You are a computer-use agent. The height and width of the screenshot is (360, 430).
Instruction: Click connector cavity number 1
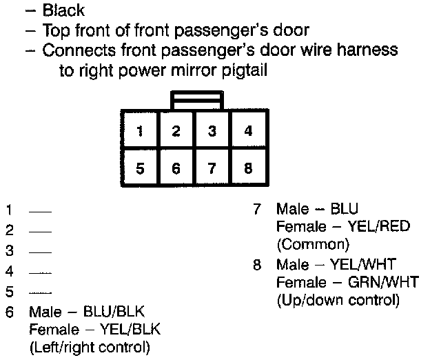pyautogui.click(x=140, y=131)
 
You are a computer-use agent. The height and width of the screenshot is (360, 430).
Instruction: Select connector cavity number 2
pyautogui.click(x=176, y=131)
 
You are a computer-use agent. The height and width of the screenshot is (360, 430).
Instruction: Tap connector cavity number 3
pyautogui.click(x=212, y=131)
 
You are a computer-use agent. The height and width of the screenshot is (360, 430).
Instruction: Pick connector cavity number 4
pyautogui.click(x=248, y=131)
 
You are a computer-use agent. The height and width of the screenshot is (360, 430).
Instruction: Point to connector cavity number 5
pyautogui.click(x=140, y=168)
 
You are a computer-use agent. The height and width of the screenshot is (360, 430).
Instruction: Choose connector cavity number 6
pyautogui.click(x=176, y=168)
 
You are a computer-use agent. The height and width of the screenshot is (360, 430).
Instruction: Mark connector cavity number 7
pyautogui.click(x=212, y=168)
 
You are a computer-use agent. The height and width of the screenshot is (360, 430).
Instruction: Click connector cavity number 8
pyautogui.click(x=248, y=168)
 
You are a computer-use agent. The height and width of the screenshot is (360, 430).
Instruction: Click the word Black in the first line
pyautogui.click(x=63, y=10)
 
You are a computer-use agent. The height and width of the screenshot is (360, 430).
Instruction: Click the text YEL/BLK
pyautogui.click(x=127, y=329)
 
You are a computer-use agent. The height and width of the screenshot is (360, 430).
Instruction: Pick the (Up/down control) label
pyautogui.click(x=338, y=300)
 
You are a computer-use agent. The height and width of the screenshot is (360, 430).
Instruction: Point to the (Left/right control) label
pyautogui.click(x=90, y=346)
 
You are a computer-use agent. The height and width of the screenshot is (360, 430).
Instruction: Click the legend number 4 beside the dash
pyautogui.click(x=9, y=272)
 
